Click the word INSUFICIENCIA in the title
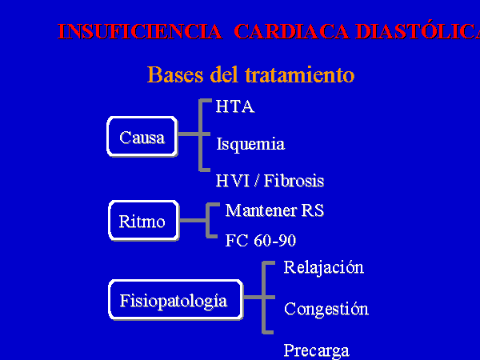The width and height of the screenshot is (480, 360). (140, 31)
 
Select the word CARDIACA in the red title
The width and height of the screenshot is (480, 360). (291, 31)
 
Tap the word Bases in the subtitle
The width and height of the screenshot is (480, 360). (175, 74)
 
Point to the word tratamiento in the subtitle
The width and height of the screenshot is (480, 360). (300, 74)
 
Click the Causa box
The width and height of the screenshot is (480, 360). (142, 137)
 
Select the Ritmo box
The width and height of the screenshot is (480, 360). (144, 221)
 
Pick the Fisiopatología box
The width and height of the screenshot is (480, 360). (176, 300)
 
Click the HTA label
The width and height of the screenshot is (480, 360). (235, 106)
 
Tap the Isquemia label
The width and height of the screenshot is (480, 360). (250, 144)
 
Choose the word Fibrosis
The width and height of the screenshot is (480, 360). (294, 181)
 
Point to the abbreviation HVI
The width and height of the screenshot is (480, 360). (233, 181)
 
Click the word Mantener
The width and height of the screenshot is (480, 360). (261, 210)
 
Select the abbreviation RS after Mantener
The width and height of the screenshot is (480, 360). (313, 210)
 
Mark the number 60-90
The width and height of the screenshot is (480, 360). (275, 241)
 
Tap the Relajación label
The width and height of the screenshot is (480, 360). (324, 267)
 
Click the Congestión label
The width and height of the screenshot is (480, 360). (326, 309)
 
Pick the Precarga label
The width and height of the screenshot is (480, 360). (317, 351)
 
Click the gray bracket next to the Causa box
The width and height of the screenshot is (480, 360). (201, 134)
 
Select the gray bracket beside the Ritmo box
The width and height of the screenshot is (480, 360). (208, 220)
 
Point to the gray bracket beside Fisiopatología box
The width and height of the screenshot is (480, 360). (264, 297)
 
